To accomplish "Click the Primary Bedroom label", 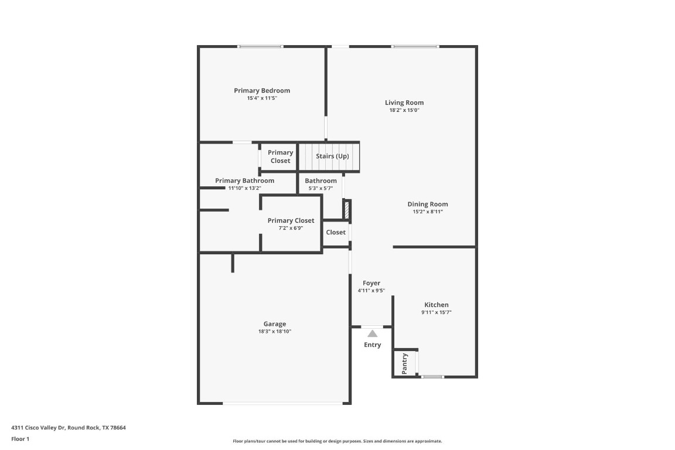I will [x=262, y=90].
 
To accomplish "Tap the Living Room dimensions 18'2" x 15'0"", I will [x=404, y=110].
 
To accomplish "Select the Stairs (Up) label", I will [x=332, y=156].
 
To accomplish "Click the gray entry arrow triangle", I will [x=373, y=333].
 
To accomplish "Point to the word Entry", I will [x=373, y=345].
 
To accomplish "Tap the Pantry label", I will [x=404, y=363].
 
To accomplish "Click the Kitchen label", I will [x=437, y=305].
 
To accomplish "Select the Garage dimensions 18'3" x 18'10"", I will [x=275, y=332].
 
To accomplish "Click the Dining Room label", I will [x=428, y=204].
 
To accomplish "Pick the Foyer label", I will [x=371, y=283].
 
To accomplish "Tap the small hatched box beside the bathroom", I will [x=346, y=209].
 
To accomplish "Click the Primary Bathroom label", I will [x=244, y=180].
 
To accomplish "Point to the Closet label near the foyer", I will [x=336, y=232].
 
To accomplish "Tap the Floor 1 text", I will [x=20, y=439].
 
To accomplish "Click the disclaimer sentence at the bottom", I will [x=337, y=441].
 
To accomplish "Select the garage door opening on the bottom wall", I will [x=283, y=403].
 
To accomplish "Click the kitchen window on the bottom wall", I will [x=433, y=376].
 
